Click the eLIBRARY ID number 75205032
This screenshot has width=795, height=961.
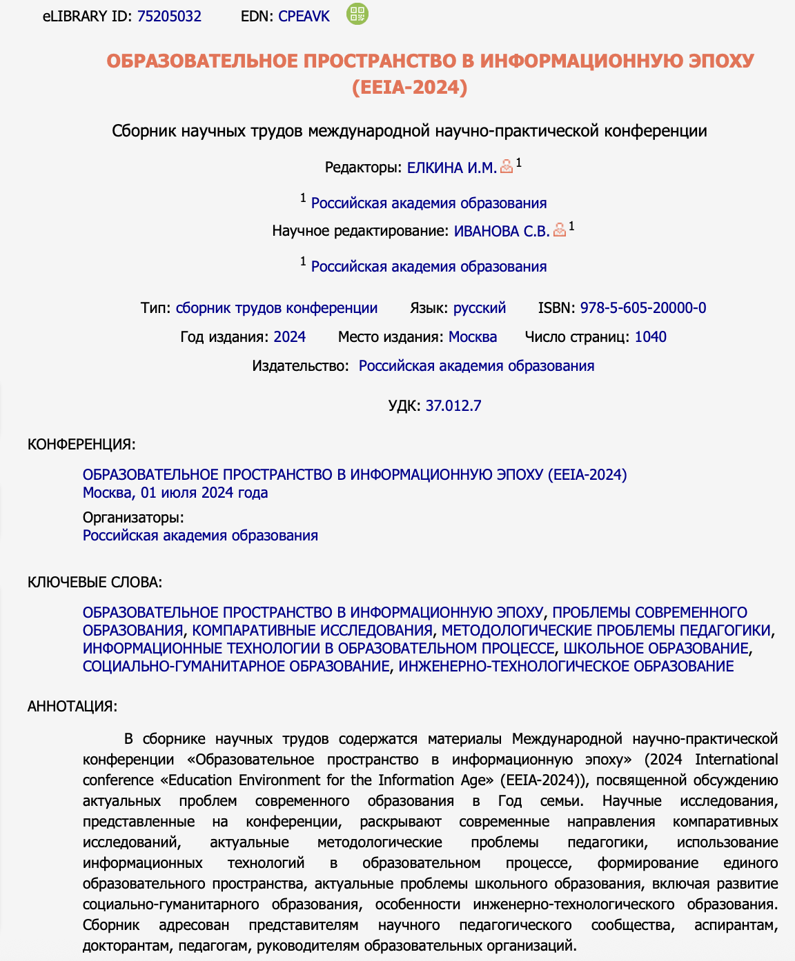tap(169, 17)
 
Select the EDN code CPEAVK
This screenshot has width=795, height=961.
tap(304, 17)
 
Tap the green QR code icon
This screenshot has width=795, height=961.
tap(357, 14)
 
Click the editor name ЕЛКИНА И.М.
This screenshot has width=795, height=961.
tap(451, 168)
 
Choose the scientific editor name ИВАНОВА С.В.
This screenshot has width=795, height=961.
tap(502, 231)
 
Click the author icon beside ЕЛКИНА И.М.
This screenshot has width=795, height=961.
tap(507, 166)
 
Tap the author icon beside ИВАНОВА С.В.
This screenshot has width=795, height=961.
tap(560, 230)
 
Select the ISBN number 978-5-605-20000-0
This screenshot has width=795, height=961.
tap(642, 308)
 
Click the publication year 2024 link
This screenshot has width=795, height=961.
tap(289, 337)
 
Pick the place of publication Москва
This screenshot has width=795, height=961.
tap(473, 337)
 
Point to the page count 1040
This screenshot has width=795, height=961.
tap(650, 337)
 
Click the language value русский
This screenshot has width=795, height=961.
tap(480, 308)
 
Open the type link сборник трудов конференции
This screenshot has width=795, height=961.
tap(277, 308)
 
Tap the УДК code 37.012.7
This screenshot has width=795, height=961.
tap(453, 406)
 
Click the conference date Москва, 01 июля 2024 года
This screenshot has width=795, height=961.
tap(175, 493)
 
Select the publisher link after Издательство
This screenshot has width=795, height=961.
tap(476, 366)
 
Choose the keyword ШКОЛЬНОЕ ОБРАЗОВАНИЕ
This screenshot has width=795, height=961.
tap(656, 649)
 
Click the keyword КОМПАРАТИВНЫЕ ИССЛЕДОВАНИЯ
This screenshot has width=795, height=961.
tap(312, 631)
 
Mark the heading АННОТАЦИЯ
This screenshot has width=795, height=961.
tap(72, 707)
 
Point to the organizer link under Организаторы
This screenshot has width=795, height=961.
tap(200, 536)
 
